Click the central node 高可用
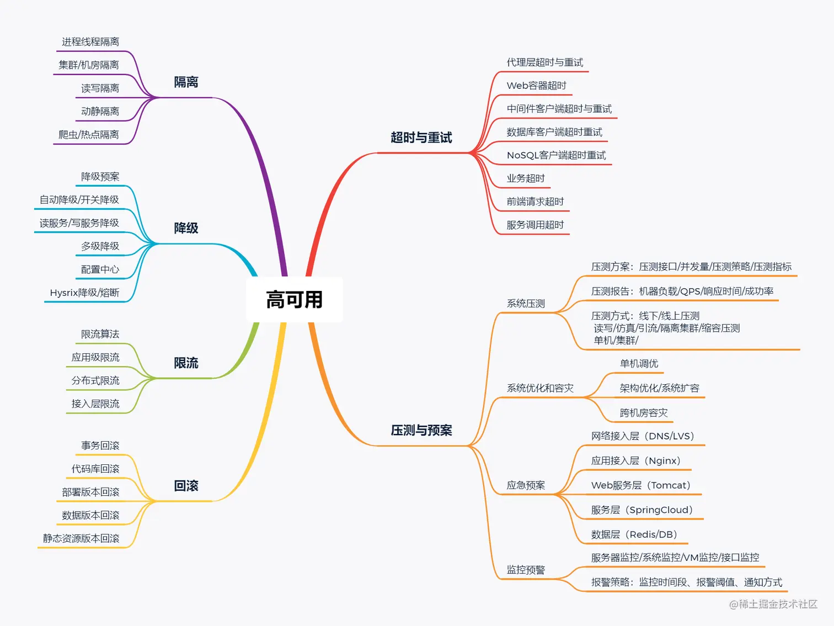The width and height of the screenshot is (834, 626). coord(294,300)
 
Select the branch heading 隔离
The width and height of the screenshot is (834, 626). coord(186,82)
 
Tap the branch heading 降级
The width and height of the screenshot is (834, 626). coord(186,228)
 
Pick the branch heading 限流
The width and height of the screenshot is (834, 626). coord(186,363)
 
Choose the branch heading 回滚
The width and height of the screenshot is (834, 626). coord(186,486)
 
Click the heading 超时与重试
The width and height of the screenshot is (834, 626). coord(421,137)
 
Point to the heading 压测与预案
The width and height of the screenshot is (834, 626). coord(421,430)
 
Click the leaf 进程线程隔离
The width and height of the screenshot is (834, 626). coord(90,42)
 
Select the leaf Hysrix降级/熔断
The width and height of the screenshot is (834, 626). coord(84,293)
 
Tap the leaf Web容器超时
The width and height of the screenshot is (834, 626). coord(536,86)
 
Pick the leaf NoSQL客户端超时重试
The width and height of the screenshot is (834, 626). coord(556,155)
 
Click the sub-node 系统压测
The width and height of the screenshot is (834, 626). coord(526,304)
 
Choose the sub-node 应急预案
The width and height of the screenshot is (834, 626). coord(526,485)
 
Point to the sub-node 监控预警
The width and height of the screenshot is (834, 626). coord(526,570)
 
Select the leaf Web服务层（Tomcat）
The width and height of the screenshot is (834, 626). coord(640,485)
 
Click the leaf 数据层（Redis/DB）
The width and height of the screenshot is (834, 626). coord(634,534)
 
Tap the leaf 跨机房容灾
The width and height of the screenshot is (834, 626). coord(644,413)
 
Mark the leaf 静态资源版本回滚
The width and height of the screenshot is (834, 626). coord(81,538)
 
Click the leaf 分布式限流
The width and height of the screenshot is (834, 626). coord(95,380)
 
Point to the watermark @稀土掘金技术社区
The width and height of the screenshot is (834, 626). coord(773,604)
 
